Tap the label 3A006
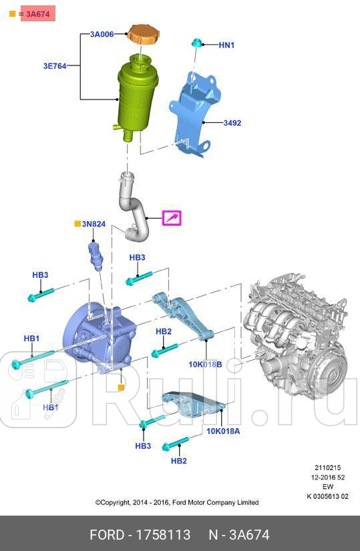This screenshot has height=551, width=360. [x=102, y=33]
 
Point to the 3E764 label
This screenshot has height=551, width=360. [x=55, y=66]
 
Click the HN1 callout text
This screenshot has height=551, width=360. [x=227, y=45]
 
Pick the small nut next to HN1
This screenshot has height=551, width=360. [x=198, y=43]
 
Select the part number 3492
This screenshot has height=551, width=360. [x=232, y=124]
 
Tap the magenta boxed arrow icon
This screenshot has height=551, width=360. [x=172, y=218]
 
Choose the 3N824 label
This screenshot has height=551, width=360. [x=94, y=224]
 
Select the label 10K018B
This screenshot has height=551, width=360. [x=204, y=365]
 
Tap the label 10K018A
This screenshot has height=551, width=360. [x=222, y=431]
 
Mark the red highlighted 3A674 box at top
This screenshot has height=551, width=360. [x=37, y=13]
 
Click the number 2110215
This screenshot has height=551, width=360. [x=328, y=468]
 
